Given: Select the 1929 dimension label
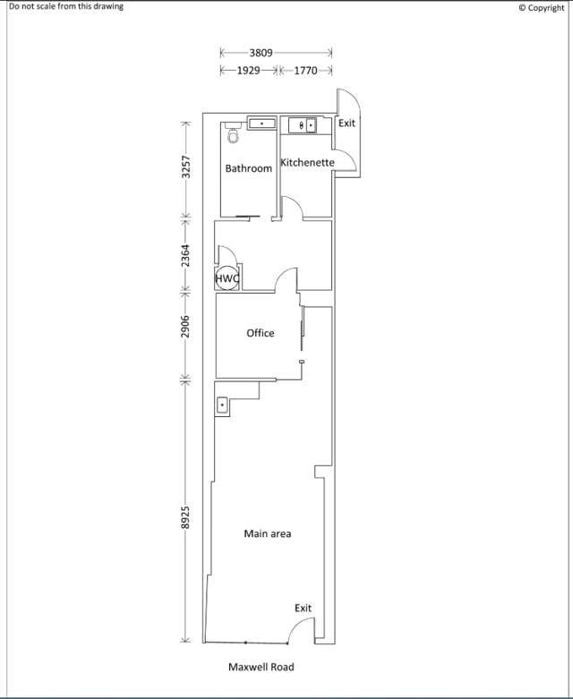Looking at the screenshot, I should pos(248,69).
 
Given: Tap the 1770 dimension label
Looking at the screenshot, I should pos(305,69).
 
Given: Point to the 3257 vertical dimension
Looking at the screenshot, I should pos(186,167).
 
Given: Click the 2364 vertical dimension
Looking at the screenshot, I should pos(186,253).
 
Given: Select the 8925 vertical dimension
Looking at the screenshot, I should pos(186,519).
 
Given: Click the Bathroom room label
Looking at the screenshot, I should pos(248,168).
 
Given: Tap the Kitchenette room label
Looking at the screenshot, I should pos(307,163).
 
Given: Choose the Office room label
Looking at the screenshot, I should pos(261,333).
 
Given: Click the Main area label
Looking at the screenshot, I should pos(268,533).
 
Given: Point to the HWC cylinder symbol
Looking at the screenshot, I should pos(227,278).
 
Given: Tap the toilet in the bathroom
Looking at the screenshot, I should pos(234,135).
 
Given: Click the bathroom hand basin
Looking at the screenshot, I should pos(261,124).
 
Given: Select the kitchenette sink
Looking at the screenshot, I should pos(303,125).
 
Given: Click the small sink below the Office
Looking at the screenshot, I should pos(222,405).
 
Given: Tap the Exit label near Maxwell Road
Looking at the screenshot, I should pos(304,609).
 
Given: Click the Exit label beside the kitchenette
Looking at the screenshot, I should pos(346,123).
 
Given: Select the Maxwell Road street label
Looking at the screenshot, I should pos(261,667).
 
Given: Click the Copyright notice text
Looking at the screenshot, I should pos(542,7).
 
